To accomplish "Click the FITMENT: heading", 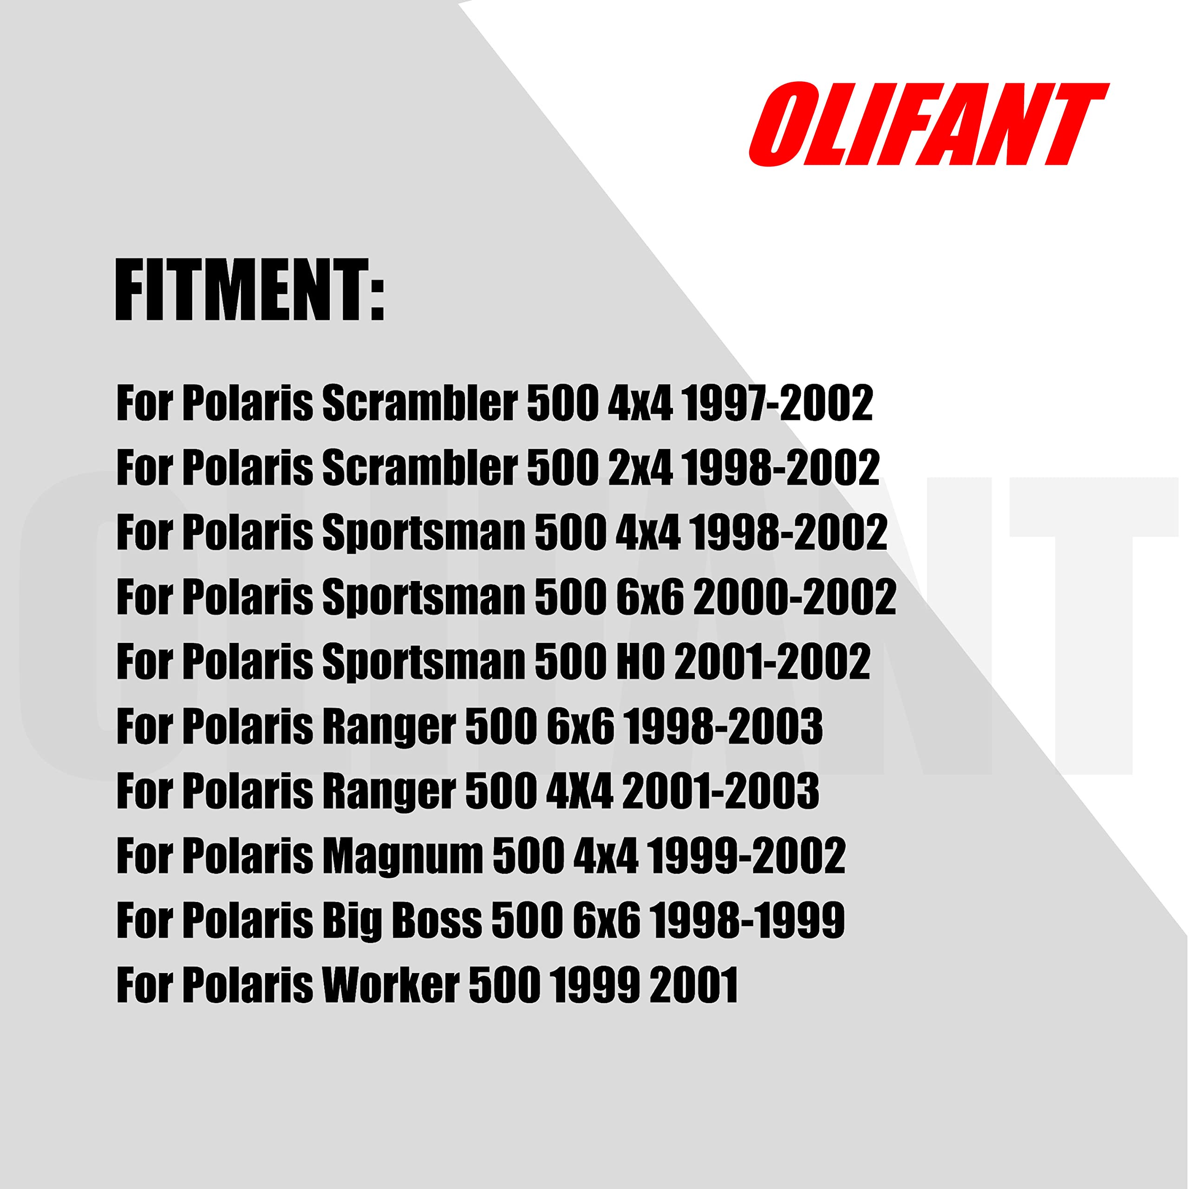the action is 250,290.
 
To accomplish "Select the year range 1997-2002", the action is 777,403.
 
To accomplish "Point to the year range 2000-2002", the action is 795,596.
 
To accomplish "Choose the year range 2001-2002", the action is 772,661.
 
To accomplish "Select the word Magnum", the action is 403,856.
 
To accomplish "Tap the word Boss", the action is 437,920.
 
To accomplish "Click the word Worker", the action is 392,984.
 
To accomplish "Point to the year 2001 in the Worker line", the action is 693,984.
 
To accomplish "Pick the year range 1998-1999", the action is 747,920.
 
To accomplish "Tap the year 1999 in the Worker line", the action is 594,984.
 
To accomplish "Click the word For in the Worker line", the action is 145,984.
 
